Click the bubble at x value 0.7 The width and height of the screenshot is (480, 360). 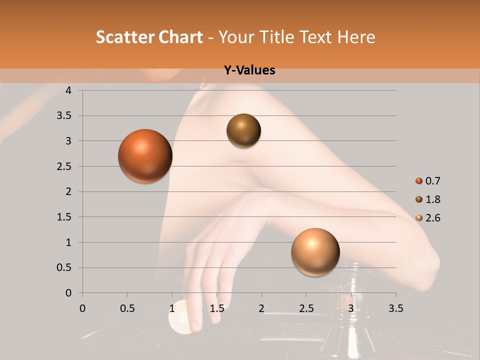(145, 156)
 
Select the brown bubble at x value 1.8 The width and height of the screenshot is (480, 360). (243, 130)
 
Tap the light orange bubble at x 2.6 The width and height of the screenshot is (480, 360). (315, 252)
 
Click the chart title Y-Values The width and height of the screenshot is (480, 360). (249, 70)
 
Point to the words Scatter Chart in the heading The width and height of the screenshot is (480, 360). (149, 37)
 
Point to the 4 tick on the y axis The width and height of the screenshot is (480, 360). (69, 90)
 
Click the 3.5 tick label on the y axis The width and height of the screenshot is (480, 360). (65, 116)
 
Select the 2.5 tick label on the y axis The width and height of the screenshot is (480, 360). (65, 166)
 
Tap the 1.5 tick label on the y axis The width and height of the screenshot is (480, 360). (65, 217)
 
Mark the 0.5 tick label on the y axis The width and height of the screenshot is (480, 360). (65, 268)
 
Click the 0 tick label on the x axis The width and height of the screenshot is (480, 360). (82, 308)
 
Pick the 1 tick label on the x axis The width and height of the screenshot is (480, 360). (172, 308)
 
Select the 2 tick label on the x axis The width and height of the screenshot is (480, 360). (261, 308)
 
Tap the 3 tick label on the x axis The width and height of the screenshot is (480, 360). (351, 308)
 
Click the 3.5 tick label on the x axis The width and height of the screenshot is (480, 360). (395, 308)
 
